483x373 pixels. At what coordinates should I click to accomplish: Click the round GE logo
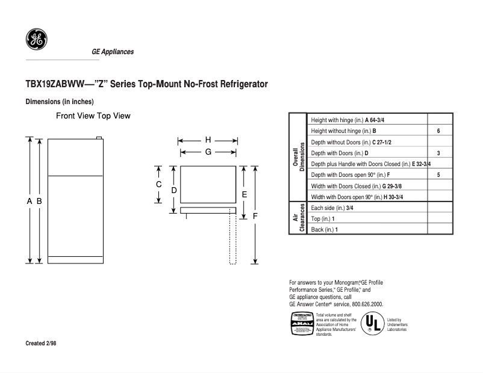click(x=37, y=40)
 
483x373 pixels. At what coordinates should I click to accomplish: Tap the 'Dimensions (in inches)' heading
click(x=60, y=102)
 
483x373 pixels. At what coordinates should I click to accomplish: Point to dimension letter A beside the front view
click(x=29, y=202)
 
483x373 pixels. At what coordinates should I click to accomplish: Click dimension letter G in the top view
click(x=208, y=152)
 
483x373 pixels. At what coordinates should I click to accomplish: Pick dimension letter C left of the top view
click(x=159, y=184)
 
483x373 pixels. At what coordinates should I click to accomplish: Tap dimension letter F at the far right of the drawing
click(x=255, y=215)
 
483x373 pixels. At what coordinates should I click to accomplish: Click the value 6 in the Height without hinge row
click(x=438, y=131)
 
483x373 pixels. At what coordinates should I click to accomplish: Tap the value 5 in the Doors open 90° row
click(x=438, y=174)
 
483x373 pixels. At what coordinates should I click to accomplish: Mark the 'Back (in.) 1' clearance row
click(x=325, y=230)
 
